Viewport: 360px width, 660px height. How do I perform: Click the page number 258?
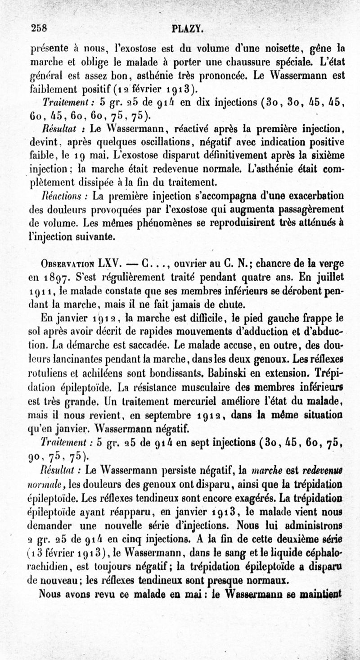tap(40, 28)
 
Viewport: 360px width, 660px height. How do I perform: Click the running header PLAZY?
tap(189, 30)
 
